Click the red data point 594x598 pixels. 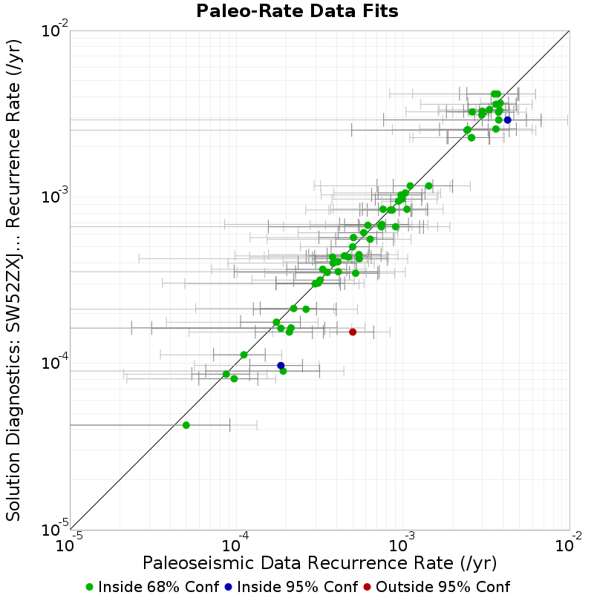click(353, 332)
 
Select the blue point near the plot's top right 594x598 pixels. click(507, 119)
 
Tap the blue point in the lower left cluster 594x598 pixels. click(281, 365)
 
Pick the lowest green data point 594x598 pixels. click(186, 425)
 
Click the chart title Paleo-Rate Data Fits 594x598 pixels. click(297, 10)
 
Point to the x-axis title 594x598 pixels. click(319, 563)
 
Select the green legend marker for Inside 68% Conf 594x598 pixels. click(89, 587)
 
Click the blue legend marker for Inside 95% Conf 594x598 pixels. click(228, 587)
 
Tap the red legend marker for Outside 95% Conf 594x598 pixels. click(367, 587)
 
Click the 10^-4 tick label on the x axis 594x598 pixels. click(235, 544)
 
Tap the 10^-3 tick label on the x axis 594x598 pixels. click(402, 544)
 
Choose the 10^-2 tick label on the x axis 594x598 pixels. click(569, 544)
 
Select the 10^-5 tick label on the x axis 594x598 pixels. click(69, 544)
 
